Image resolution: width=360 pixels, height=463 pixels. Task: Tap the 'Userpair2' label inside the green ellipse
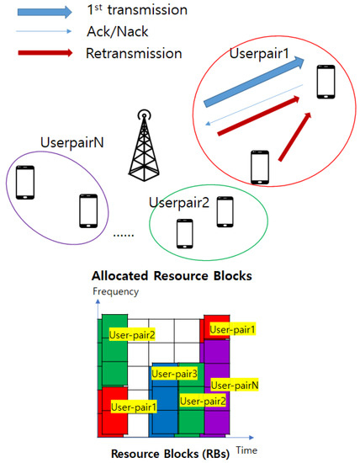tap(177, 202)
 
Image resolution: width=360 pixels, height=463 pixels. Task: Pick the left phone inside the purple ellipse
tap(25, 181)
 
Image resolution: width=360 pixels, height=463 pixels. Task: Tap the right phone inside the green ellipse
tap(225, 211)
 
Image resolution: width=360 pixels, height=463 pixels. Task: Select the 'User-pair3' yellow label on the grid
tap(174, 373)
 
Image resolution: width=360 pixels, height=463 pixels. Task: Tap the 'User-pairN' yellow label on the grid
tap(234, 385)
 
